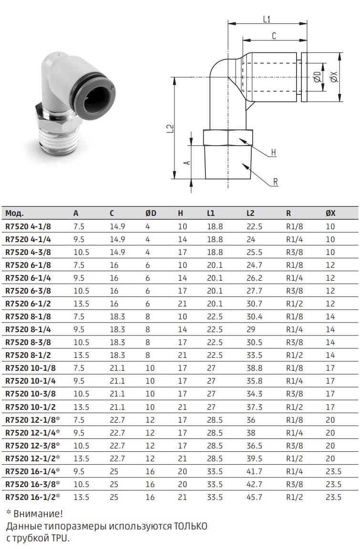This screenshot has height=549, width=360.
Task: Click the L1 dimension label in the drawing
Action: click(x=267, y=19)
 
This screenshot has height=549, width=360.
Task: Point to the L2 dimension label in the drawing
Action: click(x=170, y=129)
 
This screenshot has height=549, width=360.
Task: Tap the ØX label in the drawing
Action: click(x=334, y=77)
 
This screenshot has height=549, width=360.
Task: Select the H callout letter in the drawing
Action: click(x=274, y=152)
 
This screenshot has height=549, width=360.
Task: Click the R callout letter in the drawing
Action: click(x=275, y=182)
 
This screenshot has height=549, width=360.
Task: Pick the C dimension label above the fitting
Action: click(x=274, y=36)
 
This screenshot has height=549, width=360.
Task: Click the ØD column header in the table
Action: click(x=151, y=213)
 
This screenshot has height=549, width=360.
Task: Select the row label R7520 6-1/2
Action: click(x=28, y=304)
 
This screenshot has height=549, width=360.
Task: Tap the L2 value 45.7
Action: click(x=254, y=497)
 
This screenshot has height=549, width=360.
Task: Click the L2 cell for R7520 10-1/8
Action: click(x=254, y=368)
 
